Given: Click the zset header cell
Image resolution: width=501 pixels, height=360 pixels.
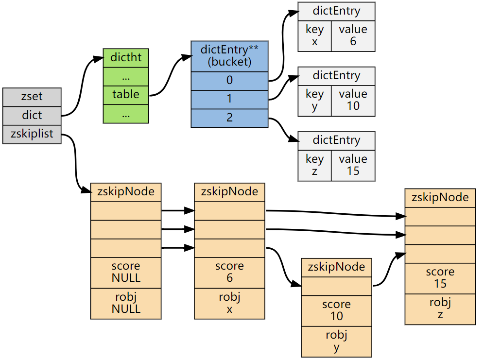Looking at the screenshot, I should point(32,97).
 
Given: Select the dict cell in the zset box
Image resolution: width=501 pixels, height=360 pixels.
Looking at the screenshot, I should point(32,115).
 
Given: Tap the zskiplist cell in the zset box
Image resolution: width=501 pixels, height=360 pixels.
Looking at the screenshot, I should point(32,134).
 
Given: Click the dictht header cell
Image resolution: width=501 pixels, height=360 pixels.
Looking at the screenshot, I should point(126,58).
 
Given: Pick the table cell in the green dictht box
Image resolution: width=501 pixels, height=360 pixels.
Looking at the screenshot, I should point(126,95).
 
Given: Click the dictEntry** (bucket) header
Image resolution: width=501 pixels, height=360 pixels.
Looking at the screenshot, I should point(229,56).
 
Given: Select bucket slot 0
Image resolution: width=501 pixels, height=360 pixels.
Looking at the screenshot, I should point(229,81).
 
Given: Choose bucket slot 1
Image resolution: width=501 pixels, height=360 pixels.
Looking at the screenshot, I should point(229,99).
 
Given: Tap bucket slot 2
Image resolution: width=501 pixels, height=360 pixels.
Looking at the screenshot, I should point(229,118).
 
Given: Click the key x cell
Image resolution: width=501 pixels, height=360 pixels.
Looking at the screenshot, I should point(314,35).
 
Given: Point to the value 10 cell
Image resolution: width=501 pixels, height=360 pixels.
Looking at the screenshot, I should point(353,100).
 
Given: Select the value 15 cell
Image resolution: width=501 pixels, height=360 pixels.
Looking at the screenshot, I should point(353,165).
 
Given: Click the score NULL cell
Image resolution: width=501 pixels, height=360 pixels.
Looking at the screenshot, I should point(126,272).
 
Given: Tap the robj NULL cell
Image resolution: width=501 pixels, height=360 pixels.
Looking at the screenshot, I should point(126,303).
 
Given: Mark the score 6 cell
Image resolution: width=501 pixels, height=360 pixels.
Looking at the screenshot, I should point(229,272).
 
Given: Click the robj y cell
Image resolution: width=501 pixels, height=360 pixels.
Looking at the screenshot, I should point(336,341).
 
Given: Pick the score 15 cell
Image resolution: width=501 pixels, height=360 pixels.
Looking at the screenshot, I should point(440,278).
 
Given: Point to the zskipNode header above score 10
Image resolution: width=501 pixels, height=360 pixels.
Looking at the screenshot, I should point(336,267).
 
